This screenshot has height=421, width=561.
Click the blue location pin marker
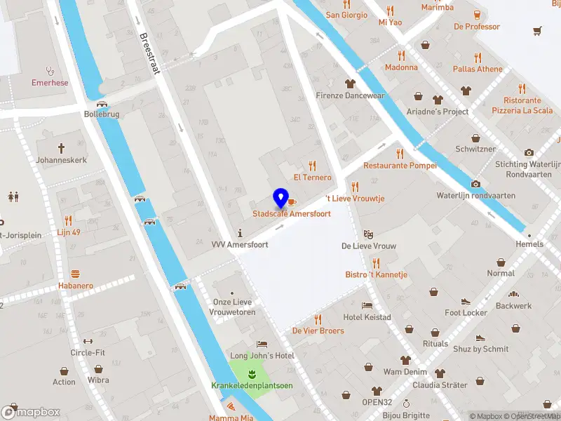pos(281,199)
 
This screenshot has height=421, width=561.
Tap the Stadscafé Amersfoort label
pos(292,213)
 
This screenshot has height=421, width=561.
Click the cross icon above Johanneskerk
pos(61,148)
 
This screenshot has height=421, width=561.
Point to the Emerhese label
pos(50,82)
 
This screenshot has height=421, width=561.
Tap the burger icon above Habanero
pos(75,274)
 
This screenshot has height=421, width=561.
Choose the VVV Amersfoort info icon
pos(241,232)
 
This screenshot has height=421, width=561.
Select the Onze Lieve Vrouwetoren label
pos(233,307)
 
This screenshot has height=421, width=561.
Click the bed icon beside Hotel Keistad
pos(367,305)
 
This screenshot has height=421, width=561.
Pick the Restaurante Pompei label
pos(400,166)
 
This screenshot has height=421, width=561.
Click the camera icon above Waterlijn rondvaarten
pos(476,184)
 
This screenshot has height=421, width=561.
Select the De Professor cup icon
pos(477,14)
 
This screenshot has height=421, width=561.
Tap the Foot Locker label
pos(466,313)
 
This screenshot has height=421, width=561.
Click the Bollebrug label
pos(102,113)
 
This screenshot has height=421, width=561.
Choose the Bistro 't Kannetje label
pos(376,274)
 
